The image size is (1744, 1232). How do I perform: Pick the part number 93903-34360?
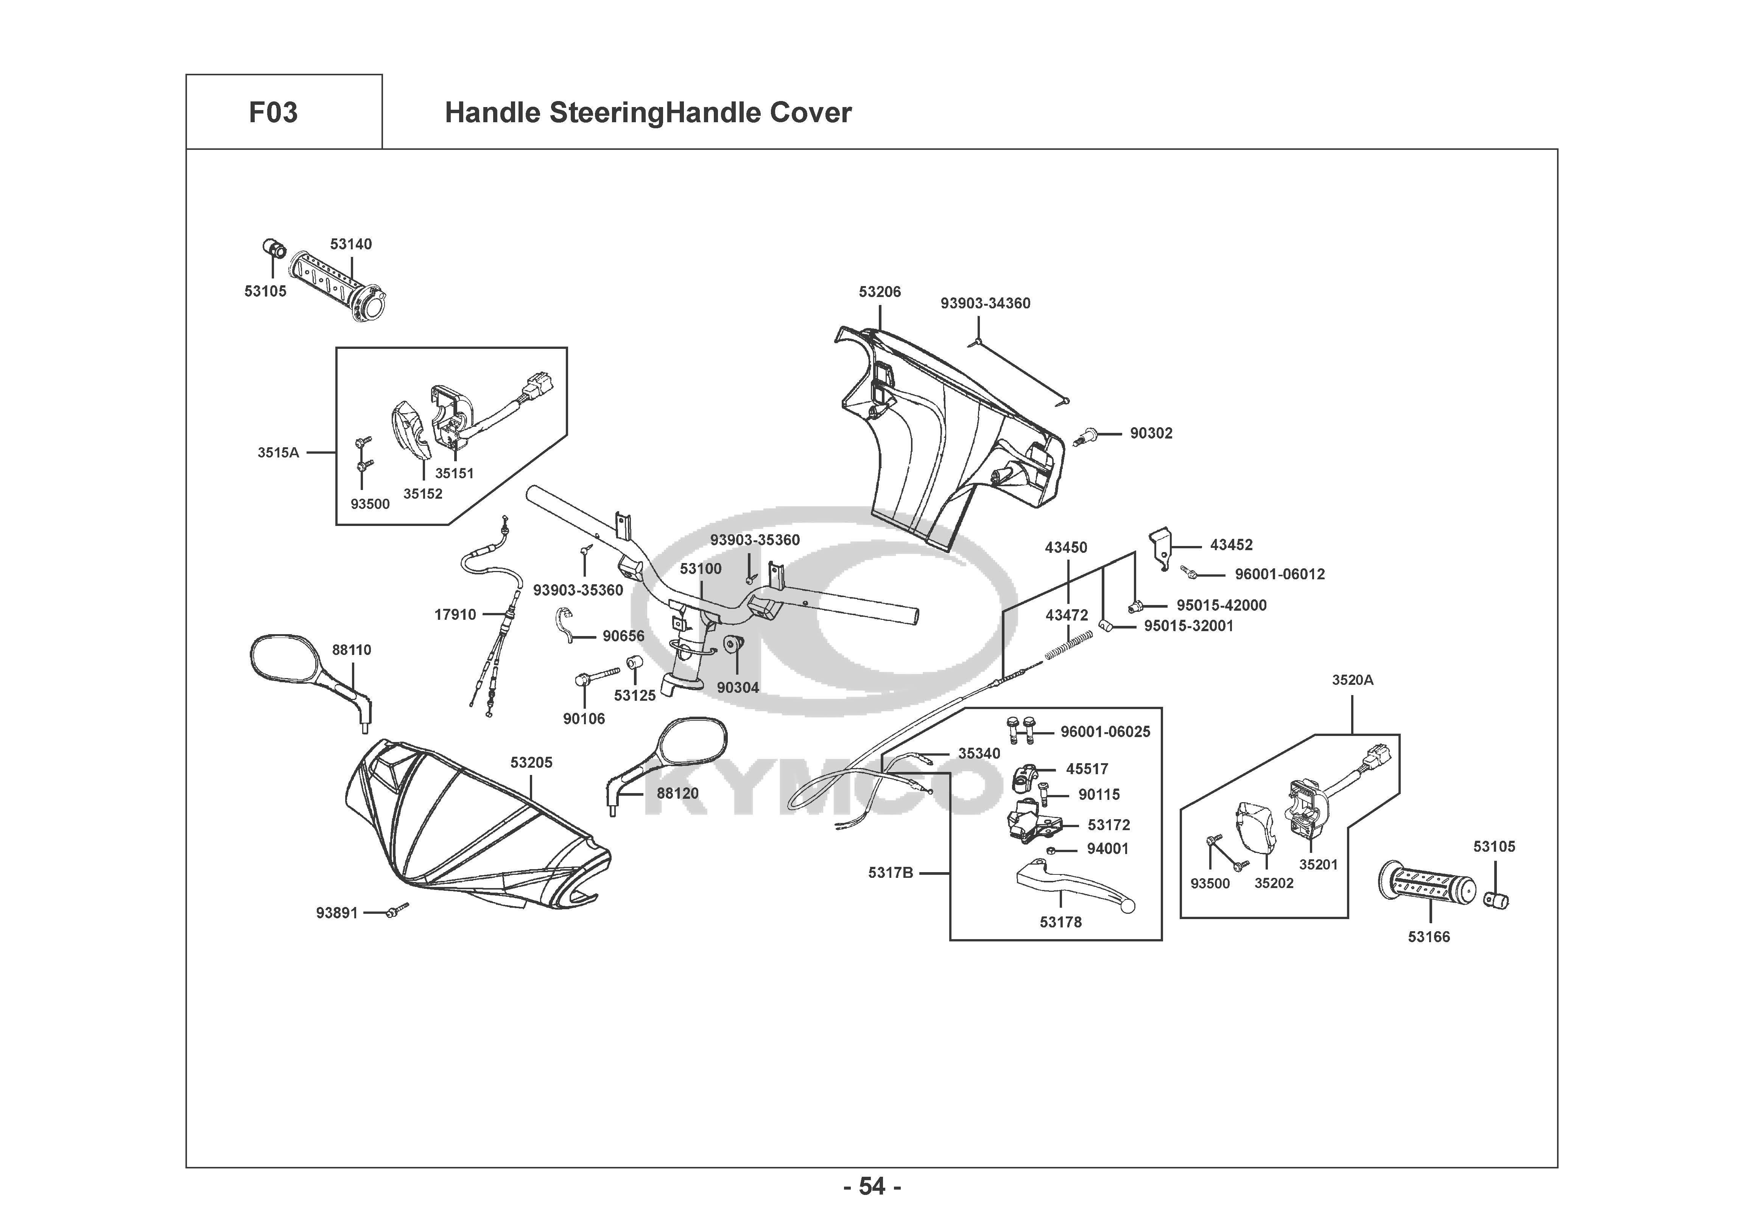point(985,303)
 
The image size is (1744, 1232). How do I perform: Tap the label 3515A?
point(278,453)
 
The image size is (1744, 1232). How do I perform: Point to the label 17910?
point(455,614)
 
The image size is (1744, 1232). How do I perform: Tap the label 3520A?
point(1353,681)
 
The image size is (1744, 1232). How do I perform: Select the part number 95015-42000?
point(1221,605)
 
